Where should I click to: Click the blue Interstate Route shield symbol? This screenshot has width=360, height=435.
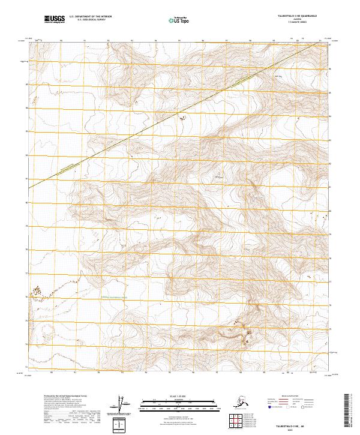tap(271, 407)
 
